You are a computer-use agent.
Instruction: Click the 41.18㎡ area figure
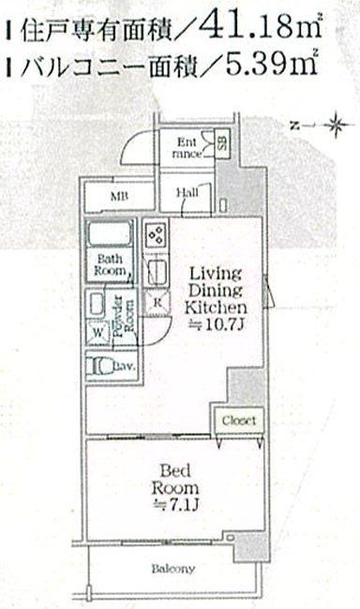(x=262, y=29)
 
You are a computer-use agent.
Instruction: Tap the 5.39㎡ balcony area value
(x=262, y=66)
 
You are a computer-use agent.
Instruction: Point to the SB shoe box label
(x=222, y=145)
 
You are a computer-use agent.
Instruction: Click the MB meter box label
(x=120, y=197)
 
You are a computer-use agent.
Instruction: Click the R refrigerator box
(x=157, y=302)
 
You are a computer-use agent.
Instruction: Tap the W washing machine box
(x=98, y=331)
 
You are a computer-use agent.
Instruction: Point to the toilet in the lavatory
(x=101, y=368)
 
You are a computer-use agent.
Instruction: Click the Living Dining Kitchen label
(x=216, y=290)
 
